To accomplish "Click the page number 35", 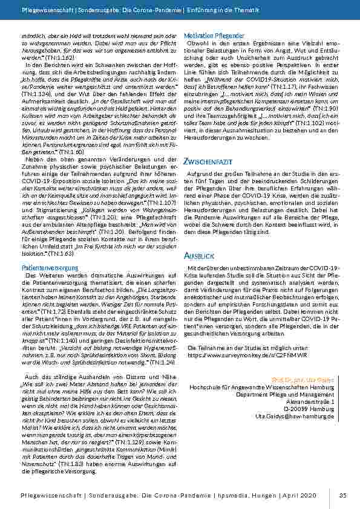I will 342,496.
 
